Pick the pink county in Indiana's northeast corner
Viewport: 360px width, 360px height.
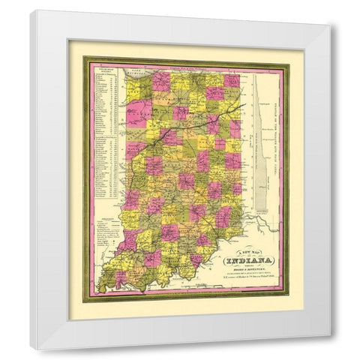232,80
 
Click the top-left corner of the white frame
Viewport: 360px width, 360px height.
31,11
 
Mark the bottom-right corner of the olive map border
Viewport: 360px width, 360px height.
289,301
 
